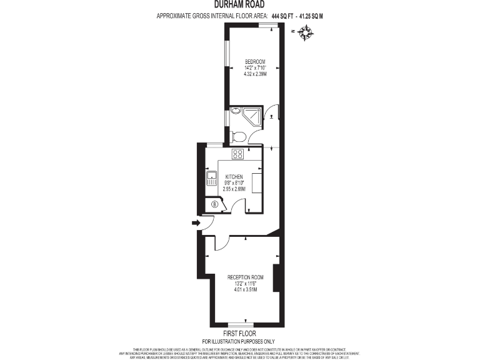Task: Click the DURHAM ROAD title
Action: (239, 4)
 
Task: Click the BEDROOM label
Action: (255, 61)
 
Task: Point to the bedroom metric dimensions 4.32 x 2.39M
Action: (255, 74)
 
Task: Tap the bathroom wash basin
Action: (234, 111)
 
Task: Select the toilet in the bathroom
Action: (237, 136)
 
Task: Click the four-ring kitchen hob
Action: (237, 154)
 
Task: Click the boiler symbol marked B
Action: (215, 203)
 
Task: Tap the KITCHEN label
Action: (234, 177)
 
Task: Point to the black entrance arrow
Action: (195, 222)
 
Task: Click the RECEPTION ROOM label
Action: (245, 277)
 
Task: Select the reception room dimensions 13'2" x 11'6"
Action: (245, 283)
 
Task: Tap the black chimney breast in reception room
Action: (276, 279)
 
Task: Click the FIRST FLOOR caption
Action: (240, 334)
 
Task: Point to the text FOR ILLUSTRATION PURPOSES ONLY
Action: (240, 341)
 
